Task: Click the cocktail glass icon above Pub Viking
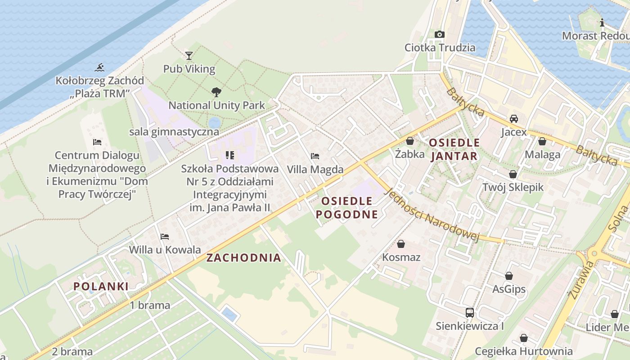(189, 56)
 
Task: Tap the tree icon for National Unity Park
(216, 92)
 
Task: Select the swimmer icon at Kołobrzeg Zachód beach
(99, 67)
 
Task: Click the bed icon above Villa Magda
(315, 156)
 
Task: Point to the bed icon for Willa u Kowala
(165, 236)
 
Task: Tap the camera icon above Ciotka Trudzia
(440, 34)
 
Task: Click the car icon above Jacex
(513, 119)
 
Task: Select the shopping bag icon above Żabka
(409, 141)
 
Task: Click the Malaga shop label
(542, 154)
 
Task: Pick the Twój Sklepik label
(513, 187)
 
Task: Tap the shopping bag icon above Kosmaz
(401, 244)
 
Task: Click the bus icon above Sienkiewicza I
(469, 312)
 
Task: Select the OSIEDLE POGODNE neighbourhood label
(346, 207)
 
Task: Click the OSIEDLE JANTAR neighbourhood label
(454, 149)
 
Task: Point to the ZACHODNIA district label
(243, 258)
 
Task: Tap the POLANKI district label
(101, 286)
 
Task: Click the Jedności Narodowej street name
(432, 215)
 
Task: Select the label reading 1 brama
(150, 305)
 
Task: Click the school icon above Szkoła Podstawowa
(230, 155)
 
